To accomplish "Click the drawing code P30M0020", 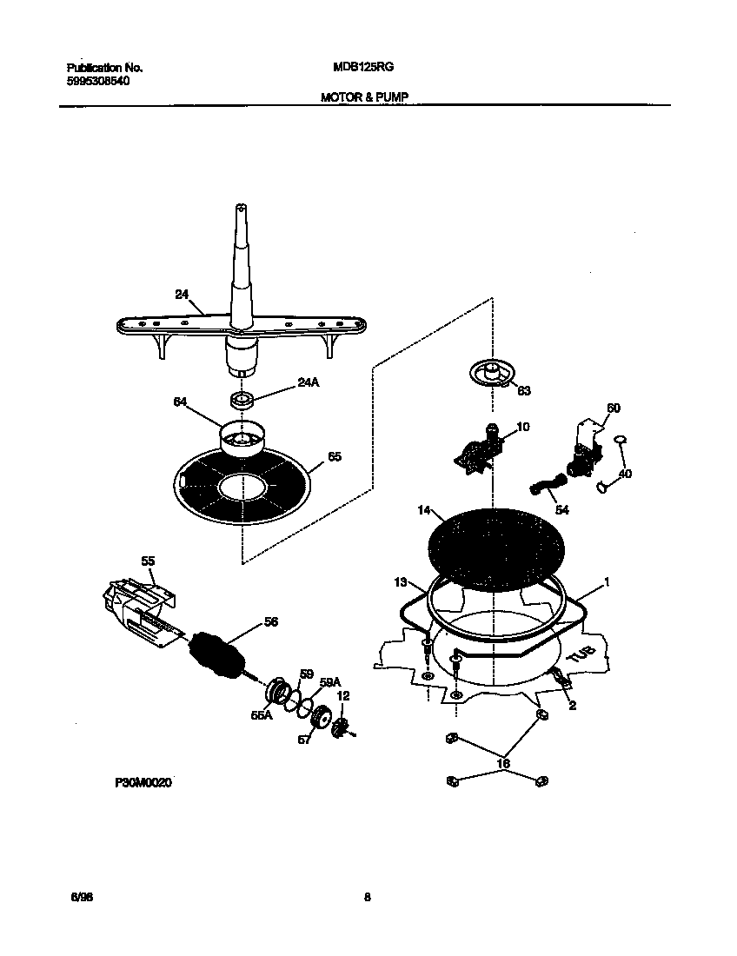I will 143,783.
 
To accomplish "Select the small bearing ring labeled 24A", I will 241,400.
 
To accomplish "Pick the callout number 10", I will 522,427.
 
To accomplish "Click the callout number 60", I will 613,408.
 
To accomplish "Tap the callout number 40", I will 625,475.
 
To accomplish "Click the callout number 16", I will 503,764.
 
